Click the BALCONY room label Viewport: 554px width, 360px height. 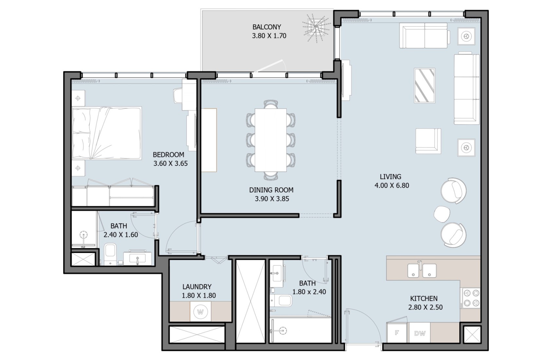267,27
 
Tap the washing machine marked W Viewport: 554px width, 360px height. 200,312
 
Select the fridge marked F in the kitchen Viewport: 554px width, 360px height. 397,333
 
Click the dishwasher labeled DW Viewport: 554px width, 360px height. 420,333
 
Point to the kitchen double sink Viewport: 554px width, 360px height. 422,270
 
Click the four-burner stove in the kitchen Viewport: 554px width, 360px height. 470,298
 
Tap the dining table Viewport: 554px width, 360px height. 270,140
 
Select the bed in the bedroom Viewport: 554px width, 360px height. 107,133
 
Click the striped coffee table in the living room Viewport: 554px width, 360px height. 425,85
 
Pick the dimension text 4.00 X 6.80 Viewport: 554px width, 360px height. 392,186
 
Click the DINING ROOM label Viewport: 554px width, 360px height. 271,190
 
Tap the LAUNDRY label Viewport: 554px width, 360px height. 197,287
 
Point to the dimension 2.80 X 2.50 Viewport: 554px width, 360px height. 425,307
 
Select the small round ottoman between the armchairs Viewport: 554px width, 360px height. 442,214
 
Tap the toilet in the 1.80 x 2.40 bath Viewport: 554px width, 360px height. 281,301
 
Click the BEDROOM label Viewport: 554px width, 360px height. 168,154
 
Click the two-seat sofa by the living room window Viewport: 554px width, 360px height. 424,36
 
